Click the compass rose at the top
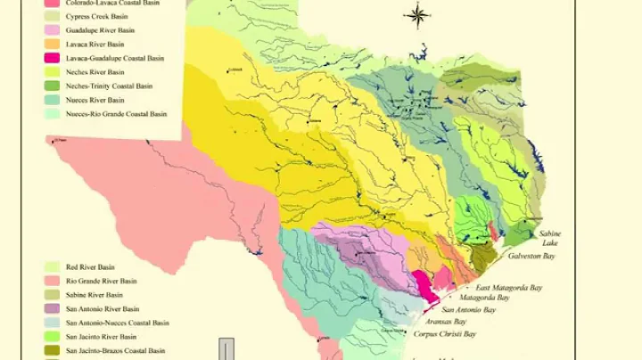point(416,15)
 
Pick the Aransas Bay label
point(448,321)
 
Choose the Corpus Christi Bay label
point(445,334)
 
